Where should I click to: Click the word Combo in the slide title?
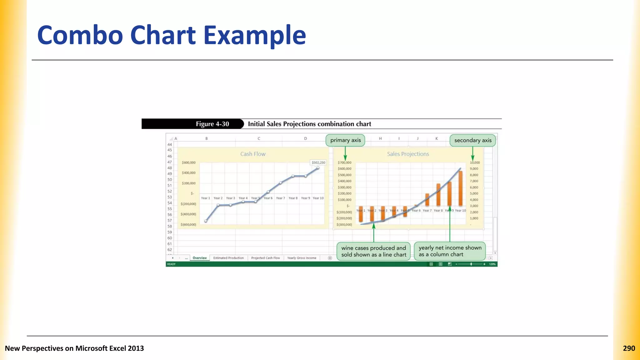80,35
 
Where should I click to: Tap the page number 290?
629,348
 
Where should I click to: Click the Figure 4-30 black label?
212,124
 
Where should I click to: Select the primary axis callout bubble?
345,140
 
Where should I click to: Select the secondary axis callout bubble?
472,141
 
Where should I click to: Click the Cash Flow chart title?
253,154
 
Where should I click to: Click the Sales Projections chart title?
408,154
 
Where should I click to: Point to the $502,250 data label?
318,162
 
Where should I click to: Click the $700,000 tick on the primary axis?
344,162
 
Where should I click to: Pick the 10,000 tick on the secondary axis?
475,162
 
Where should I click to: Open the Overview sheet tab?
200,258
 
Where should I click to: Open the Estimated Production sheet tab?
228,258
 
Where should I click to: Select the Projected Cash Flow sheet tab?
265,258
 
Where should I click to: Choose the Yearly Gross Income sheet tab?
302,258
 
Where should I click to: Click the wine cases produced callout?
373,251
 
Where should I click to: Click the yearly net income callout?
450,251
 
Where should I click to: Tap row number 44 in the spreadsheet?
169,144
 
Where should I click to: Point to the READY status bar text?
171,264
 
